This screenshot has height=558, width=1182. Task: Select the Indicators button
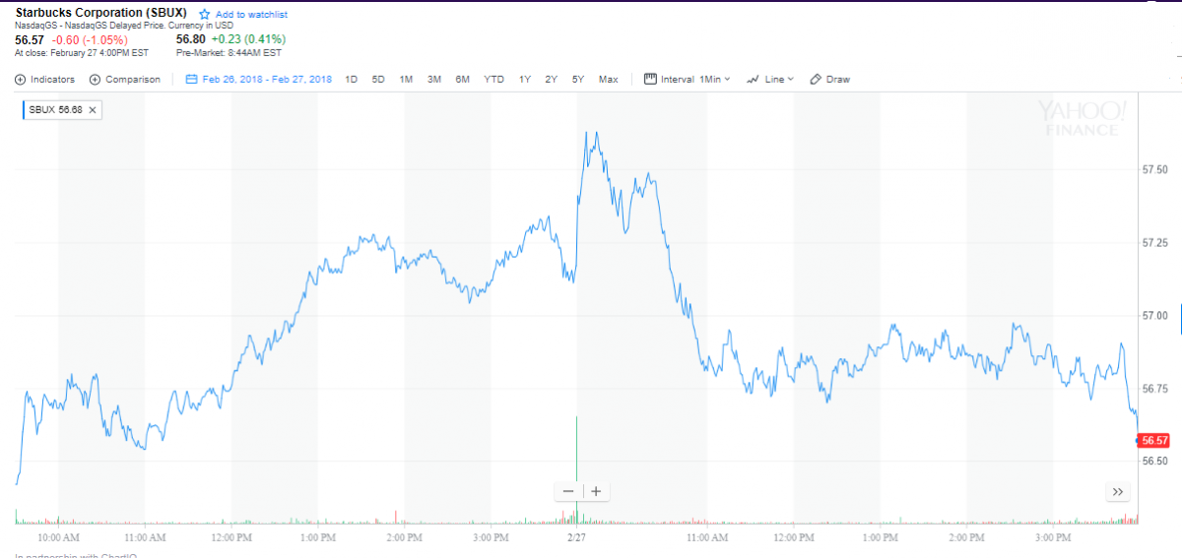(45, 79)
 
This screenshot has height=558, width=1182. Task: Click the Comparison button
(125, 79)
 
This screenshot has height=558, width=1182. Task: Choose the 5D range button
(378, 79)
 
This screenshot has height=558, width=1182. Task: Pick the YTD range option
(493, 79)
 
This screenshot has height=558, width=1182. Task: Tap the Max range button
(608, 79)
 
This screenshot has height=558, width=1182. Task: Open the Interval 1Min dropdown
(688, 79)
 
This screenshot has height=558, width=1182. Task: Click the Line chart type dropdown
(770, 79)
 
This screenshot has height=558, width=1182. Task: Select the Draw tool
(829, 79)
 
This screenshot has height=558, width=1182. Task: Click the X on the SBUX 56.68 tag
(93, 110)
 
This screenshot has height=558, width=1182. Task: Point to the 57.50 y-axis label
(1154, 170)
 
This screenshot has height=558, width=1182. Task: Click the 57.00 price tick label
(1154, 316)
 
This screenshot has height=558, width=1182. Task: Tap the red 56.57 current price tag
(1153, 440)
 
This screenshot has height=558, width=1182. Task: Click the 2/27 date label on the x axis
(576, 538)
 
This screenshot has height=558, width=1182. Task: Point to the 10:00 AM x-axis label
(59, 538)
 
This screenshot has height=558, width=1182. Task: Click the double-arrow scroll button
(1117, 491)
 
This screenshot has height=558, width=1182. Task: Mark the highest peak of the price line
(587, 132)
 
